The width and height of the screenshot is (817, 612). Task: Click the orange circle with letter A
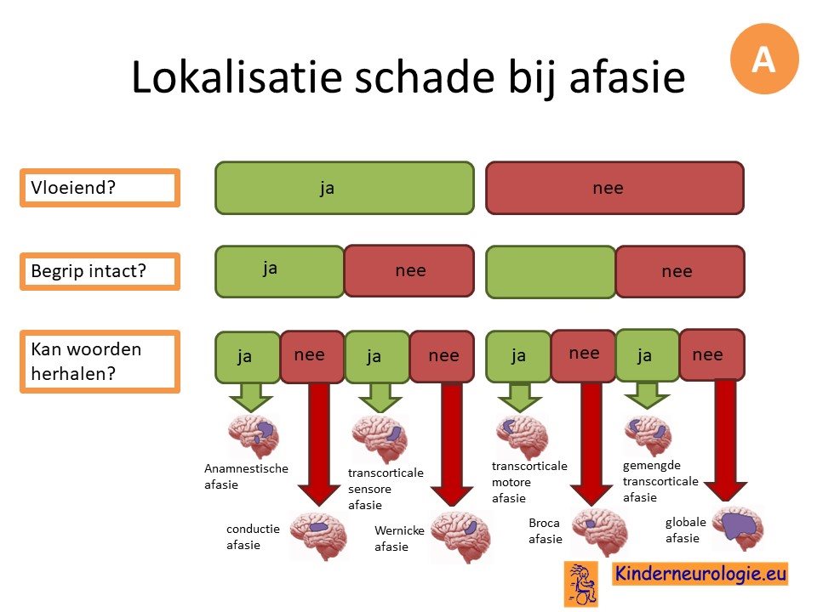coord(764,59)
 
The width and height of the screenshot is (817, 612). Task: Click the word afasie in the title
coord(627,78)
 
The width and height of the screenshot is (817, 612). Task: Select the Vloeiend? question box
coord(100,188)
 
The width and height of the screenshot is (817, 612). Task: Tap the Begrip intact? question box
coord(100,271)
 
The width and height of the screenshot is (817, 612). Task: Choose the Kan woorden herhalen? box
coord(100,361)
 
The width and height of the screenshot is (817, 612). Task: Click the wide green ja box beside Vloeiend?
coord(345,188)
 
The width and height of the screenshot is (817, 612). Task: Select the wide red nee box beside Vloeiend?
coord(614,188)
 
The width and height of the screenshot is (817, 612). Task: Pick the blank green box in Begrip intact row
coord(551,272)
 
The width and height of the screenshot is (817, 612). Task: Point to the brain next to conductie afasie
coord(317,535)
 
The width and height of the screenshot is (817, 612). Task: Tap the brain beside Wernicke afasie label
coord(460,536)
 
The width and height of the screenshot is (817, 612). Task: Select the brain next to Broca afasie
coord(600,531)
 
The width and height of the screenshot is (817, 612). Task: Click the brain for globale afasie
coord(738,527)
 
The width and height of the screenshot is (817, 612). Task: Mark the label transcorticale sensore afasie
coord(386,489)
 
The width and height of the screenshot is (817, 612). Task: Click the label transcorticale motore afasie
coord(529,482)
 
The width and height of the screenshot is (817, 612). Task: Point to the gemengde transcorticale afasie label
coord(660,481)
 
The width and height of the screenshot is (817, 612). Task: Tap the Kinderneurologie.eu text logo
coord(700,573)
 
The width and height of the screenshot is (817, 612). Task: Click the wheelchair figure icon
coord(581,584)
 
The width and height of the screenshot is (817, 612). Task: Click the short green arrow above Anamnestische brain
coord(250,397)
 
